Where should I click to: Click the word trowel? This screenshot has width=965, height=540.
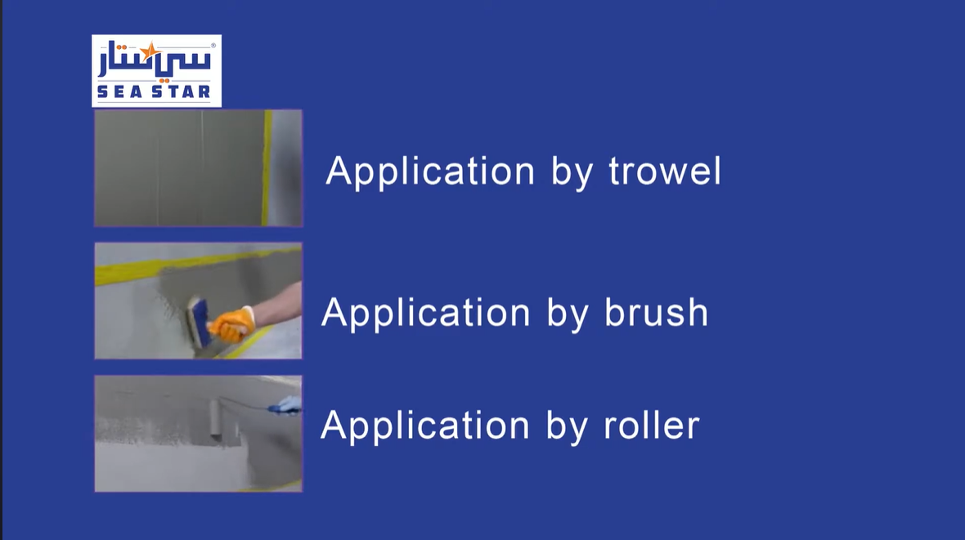[665, 171]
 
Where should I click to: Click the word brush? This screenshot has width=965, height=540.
[656, 312]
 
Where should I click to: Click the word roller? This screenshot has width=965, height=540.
[652, 424]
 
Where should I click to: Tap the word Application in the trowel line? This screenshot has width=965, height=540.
[430, 172]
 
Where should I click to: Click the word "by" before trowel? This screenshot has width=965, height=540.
[572, 172]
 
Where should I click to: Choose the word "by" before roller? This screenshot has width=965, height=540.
[567, 426]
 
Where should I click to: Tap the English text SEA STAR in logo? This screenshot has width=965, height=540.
[154, 91]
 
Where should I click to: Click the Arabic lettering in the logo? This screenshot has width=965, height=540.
[155, 60]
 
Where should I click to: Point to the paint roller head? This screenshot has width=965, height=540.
[215, 419]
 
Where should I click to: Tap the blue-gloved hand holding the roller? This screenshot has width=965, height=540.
[287, 405]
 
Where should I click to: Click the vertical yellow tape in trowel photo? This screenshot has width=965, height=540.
[267, 168]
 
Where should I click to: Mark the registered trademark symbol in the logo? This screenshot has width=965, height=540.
[213, 46]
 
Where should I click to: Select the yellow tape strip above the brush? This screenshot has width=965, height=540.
[198, 264]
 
